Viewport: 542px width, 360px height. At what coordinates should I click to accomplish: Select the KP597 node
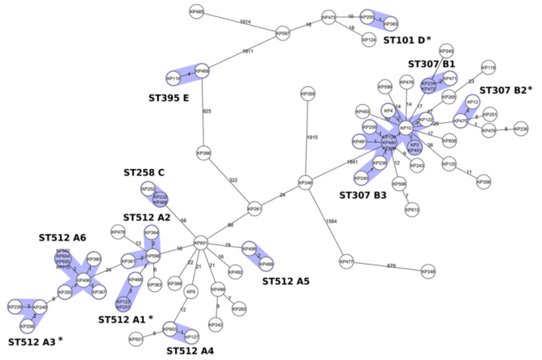tap(282, 34)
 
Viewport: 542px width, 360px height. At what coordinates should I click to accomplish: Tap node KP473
tap(329, 17)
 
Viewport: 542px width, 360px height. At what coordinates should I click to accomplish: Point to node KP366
tap(204, 153)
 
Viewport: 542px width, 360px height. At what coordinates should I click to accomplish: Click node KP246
tap(305, 183)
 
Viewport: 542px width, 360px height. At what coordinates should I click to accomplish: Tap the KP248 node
tap(428, 272)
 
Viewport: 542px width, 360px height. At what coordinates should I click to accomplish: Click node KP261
tap(254, 210)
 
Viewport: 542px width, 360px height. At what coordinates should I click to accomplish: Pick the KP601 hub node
tap(200, 243)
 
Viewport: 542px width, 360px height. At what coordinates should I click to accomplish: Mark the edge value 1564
tap(330, 221)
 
